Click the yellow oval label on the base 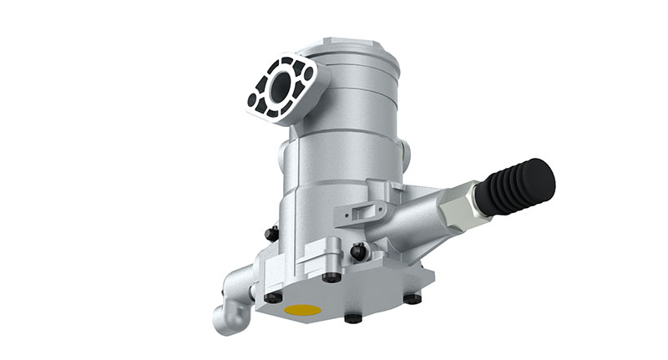[x=302, y=310]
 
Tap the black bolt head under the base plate [x=352, y=318]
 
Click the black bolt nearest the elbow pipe [x=272, y=297]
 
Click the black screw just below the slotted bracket [x=358, y=251]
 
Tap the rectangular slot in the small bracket [x=351, y=216]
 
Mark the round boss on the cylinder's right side [x=405, y=153]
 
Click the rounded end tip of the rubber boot [x=544, y=174]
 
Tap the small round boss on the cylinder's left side [x=282, y=155]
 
